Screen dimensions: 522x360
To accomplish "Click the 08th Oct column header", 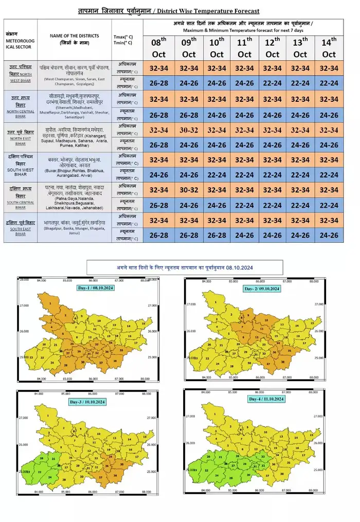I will click(x=161, y=47).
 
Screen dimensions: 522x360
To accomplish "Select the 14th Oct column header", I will click(x=328, y=47).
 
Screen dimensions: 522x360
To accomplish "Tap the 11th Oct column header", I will click(x=245, y=47).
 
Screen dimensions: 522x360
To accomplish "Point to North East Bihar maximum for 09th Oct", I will click(x=189, y=130).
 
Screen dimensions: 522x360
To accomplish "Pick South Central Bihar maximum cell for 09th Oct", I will click(x=189, y=190).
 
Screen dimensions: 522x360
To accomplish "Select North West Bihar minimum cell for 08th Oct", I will click(x=161, y=82).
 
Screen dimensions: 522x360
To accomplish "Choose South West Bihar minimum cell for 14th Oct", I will click(x=328, y=175).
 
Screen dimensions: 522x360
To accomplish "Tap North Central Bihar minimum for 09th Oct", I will click(x=189, y=115).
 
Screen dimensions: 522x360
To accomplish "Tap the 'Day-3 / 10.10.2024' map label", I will click(x=87, y=402).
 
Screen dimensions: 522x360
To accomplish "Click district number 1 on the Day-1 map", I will click(x=52, y=303).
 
